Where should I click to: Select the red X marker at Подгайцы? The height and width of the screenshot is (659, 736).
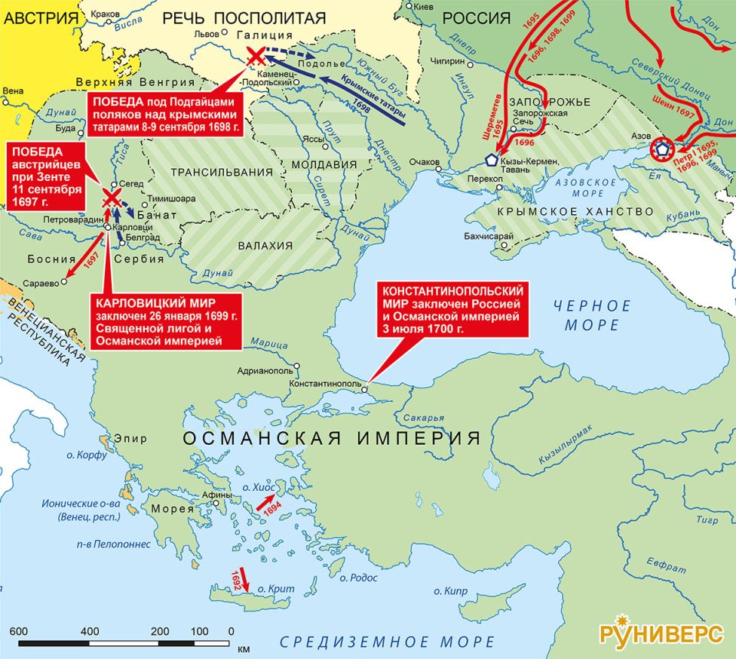(x=256, y=55)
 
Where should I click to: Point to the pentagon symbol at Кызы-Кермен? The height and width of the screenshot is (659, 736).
(x=492, y=159)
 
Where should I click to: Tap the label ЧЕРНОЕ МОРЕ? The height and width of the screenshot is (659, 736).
(x=591, y=315)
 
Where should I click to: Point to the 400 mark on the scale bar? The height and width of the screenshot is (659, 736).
(x=90, y=631)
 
